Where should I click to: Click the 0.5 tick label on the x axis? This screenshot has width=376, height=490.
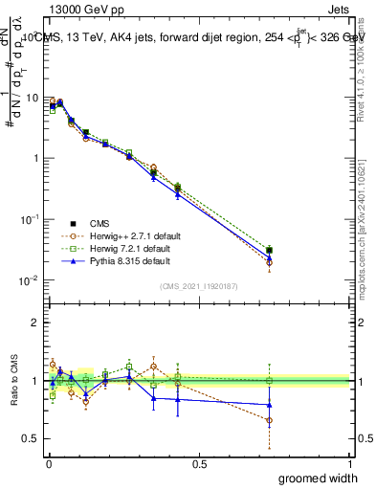point(199,462)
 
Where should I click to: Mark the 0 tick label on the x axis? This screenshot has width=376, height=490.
point(49,462)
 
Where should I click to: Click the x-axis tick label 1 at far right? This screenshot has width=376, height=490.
point(350,462)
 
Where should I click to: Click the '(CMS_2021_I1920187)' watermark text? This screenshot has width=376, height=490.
point(198,285)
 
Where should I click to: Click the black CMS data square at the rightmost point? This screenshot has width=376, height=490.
point(270,251)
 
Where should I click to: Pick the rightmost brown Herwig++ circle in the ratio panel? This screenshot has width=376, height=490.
point(270,419)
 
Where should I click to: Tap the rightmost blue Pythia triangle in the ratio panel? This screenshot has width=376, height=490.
point(270,404)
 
